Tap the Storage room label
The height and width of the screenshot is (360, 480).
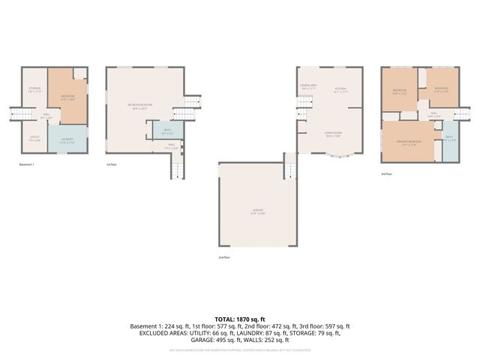[x=34, y=89]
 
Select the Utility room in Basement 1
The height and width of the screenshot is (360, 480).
[x=34, y=139]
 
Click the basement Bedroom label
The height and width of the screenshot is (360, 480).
[x=67, y=96]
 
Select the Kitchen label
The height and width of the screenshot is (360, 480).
[x=340, y=89]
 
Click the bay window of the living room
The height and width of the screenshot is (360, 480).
[x=342, y=156]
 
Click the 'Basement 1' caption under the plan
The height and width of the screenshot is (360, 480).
[x=26, y=164]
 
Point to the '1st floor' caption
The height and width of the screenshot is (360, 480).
[x=112, y=164]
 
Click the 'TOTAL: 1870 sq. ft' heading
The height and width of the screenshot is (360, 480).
[x=240, y=319]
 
